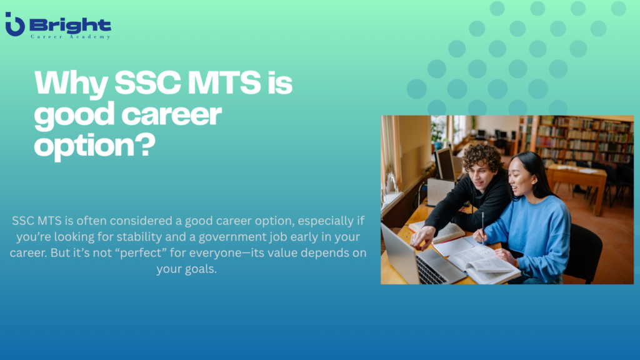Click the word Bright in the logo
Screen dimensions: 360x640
click(x=70, y=25)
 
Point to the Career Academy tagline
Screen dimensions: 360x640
click(x=70, y=37)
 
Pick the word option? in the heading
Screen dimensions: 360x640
click(x=94, y=145)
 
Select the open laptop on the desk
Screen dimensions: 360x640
click(x=412, y=256)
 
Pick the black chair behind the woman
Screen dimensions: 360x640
click(x=584, y=250)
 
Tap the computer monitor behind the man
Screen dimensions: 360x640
click(x=445, y=164)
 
